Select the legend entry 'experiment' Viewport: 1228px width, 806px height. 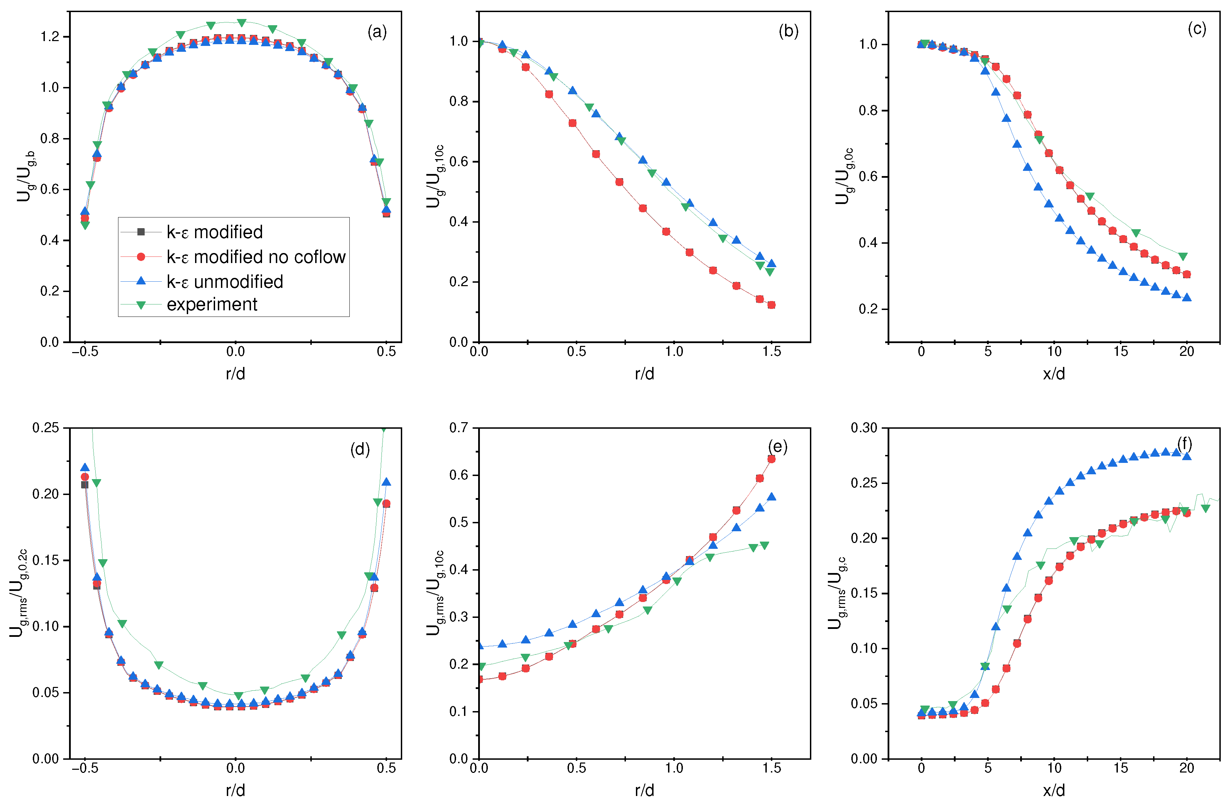pos(212,304)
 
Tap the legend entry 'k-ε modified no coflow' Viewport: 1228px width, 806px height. pos(255,257)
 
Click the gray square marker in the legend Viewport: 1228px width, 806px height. pos(141,232)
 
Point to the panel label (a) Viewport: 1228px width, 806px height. pos(377,32)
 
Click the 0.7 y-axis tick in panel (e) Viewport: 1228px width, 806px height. pos(459,427)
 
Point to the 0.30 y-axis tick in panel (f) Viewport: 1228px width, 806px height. pos(864,427)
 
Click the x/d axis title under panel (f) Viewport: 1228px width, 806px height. pos(1054,790)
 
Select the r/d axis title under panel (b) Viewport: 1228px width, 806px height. pos(645,373)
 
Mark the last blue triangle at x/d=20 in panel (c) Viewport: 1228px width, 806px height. pos(1187,297)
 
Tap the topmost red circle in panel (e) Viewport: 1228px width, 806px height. pos(771,459)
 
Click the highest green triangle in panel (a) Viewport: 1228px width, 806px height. pos(241,23)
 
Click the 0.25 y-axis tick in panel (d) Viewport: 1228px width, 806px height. pos(46,427)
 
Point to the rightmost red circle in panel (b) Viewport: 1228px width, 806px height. pos(771,305)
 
